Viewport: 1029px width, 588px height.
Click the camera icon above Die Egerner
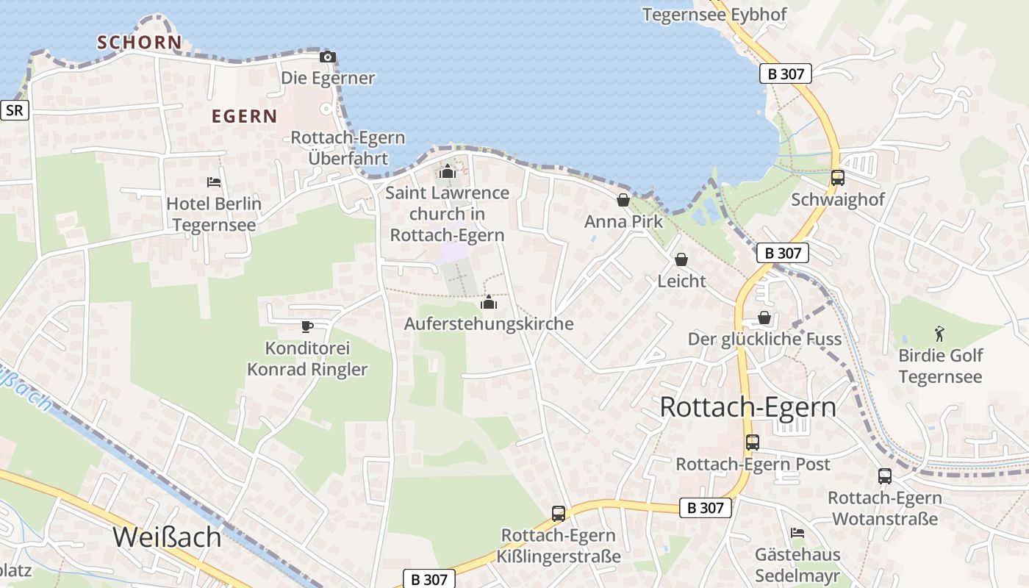tap(328, 57)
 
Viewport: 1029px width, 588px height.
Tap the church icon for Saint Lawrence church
tap(448, 172)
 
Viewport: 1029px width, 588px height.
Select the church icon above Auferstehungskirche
tap(489, 302)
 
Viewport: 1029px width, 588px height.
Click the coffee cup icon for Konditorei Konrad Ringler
tap(307, 326)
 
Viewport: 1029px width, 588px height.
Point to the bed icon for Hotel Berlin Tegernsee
tap(214, 182)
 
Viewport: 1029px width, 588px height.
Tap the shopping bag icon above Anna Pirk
tap(623, 200)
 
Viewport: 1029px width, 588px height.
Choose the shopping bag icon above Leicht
tap(681, 259)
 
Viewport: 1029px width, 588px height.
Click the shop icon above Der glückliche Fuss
tap(764, 318)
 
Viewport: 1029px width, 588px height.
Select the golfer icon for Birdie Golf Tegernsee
tap(939, 334)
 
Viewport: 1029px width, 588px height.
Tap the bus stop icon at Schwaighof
tap(837, 177)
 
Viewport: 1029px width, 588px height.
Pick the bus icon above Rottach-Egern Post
tap(753, 442)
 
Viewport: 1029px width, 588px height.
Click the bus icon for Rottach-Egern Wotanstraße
tap(885, 476)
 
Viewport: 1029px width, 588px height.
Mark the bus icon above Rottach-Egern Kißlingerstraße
tap(559, 513)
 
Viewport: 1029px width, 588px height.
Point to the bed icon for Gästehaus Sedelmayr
tap(797, 533)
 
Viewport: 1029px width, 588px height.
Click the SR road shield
tap(14, 110)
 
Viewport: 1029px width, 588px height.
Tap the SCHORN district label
tap(139, 43)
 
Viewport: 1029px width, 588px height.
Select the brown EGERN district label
tap(244, 116)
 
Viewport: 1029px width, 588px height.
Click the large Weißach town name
tap(167, 537)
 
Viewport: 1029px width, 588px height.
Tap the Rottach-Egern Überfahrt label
tap(348, 148)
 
